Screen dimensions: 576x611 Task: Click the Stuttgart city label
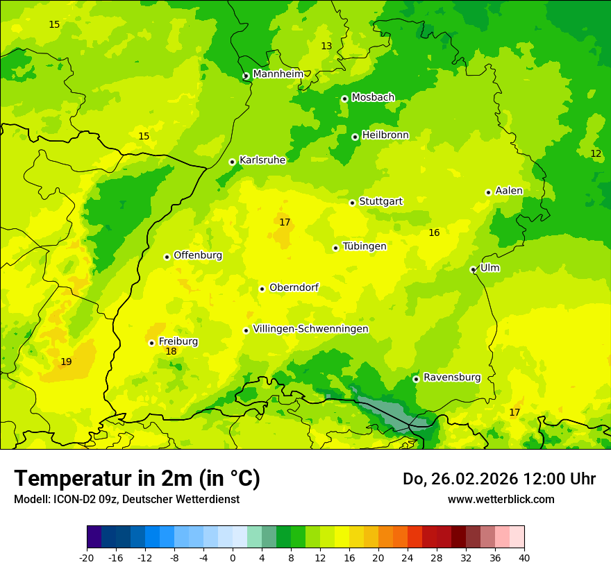[x=380, y=202]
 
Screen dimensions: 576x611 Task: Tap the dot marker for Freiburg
[x=151, y=343]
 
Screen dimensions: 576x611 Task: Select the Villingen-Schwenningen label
[x=310, y=329]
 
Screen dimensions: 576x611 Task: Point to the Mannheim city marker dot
[x=246, y=76]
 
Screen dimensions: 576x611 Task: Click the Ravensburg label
[x=452, y=378]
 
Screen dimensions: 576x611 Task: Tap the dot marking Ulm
[x=473, y=269]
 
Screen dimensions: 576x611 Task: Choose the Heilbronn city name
[x=385, y=135]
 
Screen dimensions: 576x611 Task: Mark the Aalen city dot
[x=488, y=192]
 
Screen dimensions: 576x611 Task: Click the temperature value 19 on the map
[x=66, y=362]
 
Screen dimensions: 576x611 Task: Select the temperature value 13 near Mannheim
[x=326, y=46]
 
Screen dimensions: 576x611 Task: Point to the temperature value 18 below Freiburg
[x=171, y=352]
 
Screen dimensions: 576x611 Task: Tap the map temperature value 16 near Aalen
[x=434, y=233]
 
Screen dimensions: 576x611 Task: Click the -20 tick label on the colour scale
[x=87, y=557]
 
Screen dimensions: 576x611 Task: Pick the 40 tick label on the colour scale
[x=524, y=557]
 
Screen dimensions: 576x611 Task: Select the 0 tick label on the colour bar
[x=233, y=557]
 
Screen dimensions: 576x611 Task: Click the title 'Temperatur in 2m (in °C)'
[x=137, y=479]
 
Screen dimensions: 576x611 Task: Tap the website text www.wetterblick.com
[x=501, y=500]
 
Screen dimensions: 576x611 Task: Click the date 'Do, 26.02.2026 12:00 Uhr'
[x=499, y=479]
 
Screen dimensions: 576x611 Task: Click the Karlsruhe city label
[x=262, y=160]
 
